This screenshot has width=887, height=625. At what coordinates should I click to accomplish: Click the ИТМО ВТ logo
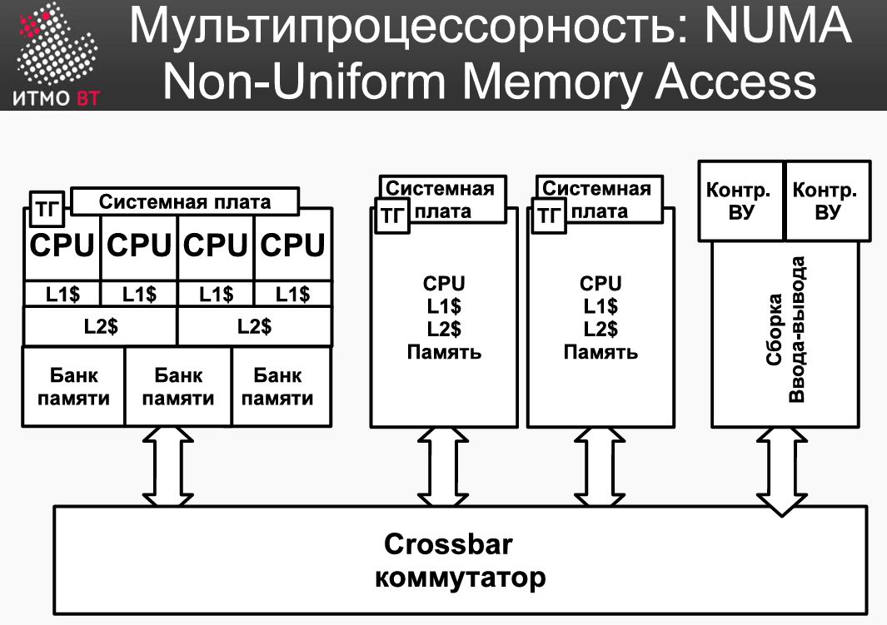(x=56, y=55)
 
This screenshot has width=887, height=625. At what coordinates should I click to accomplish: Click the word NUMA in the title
(x=779, y=26)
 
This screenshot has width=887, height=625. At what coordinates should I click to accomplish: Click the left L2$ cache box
(x=100, y=326)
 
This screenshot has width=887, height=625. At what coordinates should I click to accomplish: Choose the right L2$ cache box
(x=255, y=326)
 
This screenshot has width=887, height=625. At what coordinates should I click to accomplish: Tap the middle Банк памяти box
(x=178, y=386)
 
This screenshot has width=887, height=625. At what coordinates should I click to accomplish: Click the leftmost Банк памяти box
(x=73, y=386)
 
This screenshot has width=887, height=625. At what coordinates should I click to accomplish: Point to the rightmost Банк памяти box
(x=282, y=386)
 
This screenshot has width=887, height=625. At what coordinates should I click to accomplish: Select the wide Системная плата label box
(x=185, y=201)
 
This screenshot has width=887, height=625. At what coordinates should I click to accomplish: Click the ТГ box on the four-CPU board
(x=47, y=209)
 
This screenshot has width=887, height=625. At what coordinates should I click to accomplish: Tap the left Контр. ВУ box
(x=740, y=201)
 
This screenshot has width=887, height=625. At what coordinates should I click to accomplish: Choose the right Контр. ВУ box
(x=828, y=201)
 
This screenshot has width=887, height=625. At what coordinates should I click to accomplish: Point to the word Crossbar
(x=448, y=544)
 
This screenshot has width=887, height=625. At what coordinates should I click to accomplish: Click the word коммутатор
(x=460, y=578)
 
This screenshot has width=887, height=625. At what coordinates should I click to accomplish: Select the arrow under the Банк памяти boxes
(x=167, y=466)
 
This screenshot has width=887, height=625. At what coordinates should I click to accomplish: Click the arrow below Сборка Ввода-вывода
(x=782, y=472)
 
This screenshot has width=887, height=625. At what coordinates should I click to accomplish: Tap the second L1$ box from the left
(x=139, y=294)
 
